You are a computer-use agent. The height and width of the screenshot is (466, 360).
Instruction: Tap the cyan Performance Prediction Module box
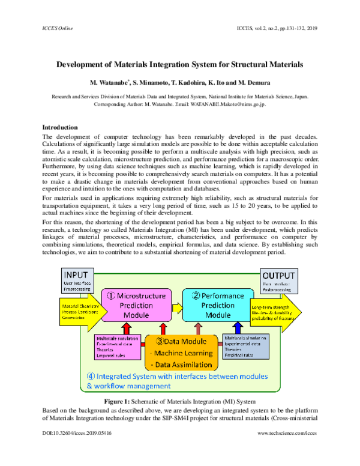[218, 304]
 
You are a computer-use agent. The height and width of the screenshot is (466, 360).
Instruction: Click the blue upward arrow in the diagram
[239, 328]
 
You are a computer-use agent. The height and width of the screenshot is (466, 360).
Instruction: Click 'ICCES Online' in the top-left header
[57, 28]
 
